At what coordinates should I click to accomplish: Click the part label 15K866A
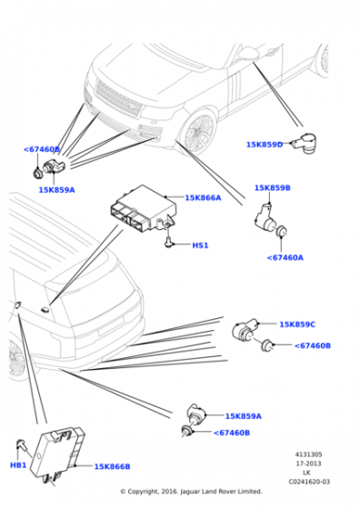click(203, 197)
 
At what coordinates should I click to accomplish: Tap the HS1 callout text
click(200, 245)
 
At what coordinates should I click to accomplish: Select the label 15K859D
click(265, 145)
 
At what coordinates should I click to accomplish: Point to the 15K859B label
click(273, 188)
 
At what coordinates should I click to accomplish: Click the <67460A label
click(285, 257)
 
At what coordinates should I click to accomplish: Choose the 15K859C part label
click(297, 324)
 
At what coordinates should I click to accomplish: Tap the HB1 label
click(18, 465)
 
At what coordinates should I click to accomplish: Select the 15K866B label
click(112, 466)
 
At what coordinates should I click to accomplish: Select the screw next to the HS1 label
click(170, 242)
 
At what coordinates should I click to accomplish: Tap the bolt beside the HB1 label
click(19, 444)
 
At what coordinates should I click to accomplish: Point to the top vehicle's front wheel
click(197, 134)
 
